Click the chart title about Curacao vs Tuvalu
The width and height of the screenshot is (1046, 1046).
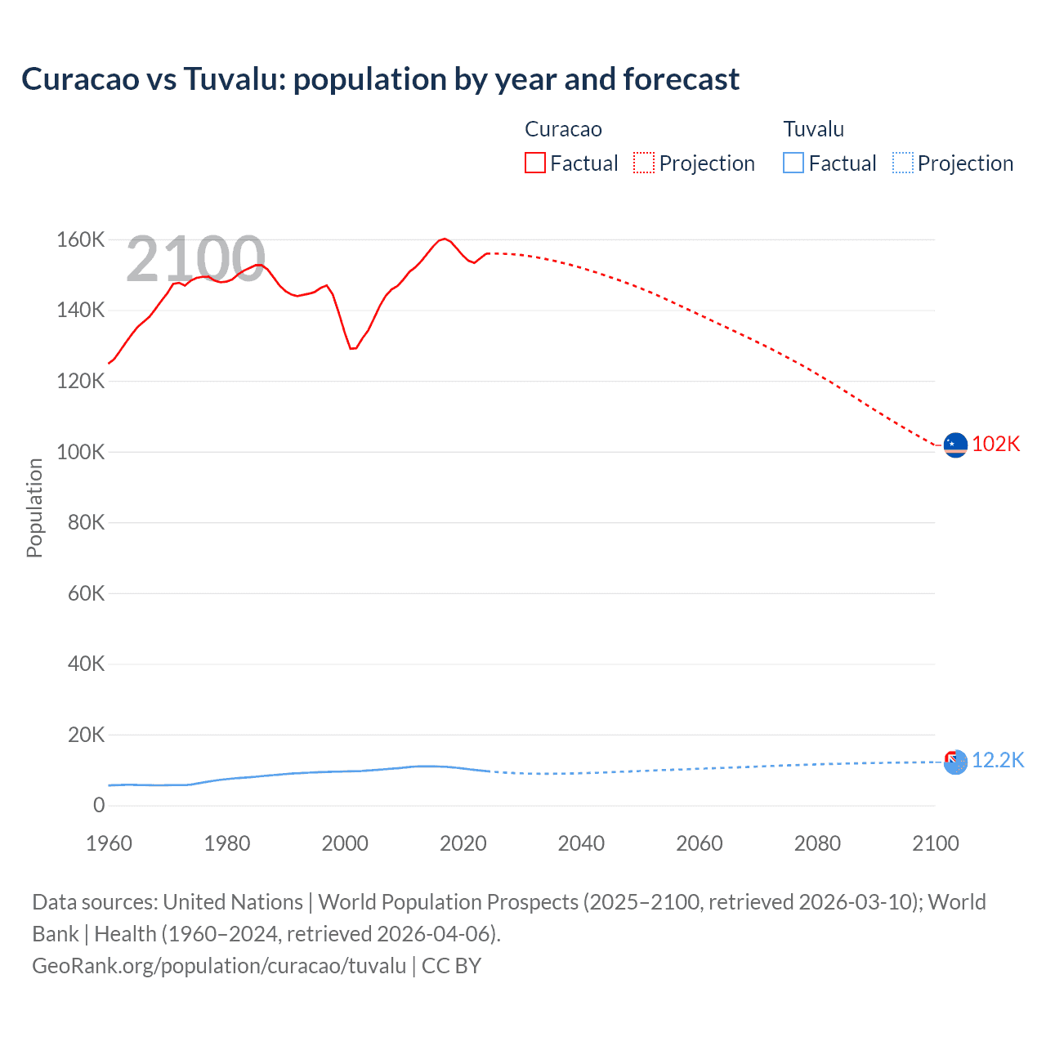pos(380,79)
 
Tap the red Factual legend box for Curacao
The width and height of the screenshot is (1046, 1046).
pos(534,163)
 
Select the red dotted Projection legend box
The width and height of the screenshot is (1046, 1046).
pos(644,163)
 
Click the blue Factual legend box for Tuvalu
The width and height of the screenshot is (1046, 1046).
pos(793,163)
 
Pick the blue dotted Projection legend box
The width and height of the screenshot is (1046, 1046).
pos(903,163)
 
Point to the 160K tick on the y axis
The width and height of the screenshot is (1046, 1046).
pos(80,239)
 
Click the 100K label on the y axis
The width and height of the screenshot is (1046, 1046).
pos(80,452)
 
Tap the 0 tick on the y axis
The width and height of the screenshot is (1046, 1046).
pos(99,805)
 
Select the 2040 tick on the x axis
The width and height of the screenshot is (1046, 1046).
pos(581,843)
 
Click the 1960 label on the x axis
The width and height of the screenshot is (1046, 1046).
pos(109,843)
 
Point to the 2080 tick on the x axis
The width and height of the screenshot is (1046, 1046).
pos(817,843)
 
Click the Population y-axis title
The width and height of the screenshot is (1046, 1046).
pos(34,507)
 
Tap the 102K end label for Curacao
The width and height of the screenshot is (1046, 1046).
pos(995,444)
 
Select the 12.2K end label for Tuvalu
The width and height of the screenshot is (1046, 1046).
pos(997,760)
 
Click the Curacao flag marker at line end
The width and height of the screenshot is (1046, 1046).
pos(955,445)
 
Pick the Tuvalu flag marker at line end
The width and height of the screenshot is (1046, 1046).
pos(955,762)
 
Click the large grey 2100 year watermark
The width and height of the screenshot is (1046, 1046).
pos(195,259)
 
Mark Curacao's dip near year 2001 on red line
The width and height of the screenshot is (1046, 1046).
pos(352,348)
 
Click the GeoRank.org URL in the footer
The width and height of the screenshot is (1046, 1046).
pos(219,966)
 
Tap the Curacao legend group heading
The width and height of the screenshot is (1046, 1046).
pos(563,129)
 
